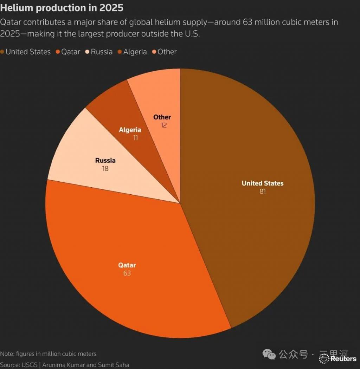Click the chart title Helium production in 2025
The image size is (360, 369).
pyautogui.click(x=62, y=8)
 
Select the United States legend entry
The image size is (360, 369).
pyautogui.click(x=26, y=52)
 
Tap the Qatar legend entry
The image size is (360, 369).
pyautogui.click(x=68, y=52)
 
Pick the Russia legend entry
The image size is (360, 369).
pyautogui.click(x=99, y=52)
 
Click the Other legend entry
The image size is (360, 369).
pyautogui.click(x=164, y=52)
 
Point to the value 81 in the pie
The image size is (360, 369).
pyautogui.click(x=262, y=192)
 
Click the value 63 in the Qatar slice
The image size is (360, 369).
pyautogui.click(x=127, y=273)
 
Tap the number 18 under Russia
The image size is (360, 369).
pyautogui.click(x=105, y=169)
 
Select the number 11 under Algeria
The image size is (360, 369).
pyautogui.click(x=135, y=138)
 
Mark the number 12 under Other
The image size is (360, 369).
pyautogui.click(x=163, y=125)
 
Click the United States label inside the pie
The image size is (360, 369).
pyautogui.click(x=262, y=183)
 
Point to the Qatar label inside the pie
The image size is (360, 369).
pyautogui.click(x=127, y=265)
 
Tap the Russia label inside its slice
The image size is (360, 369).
pyautogui.click(x=105, y=161)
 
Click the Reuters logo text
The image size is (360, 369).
pyautogui.click(x=343, y=359)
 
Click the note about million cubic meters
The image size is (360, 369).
pyautogui.click(x=48, y=354)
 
